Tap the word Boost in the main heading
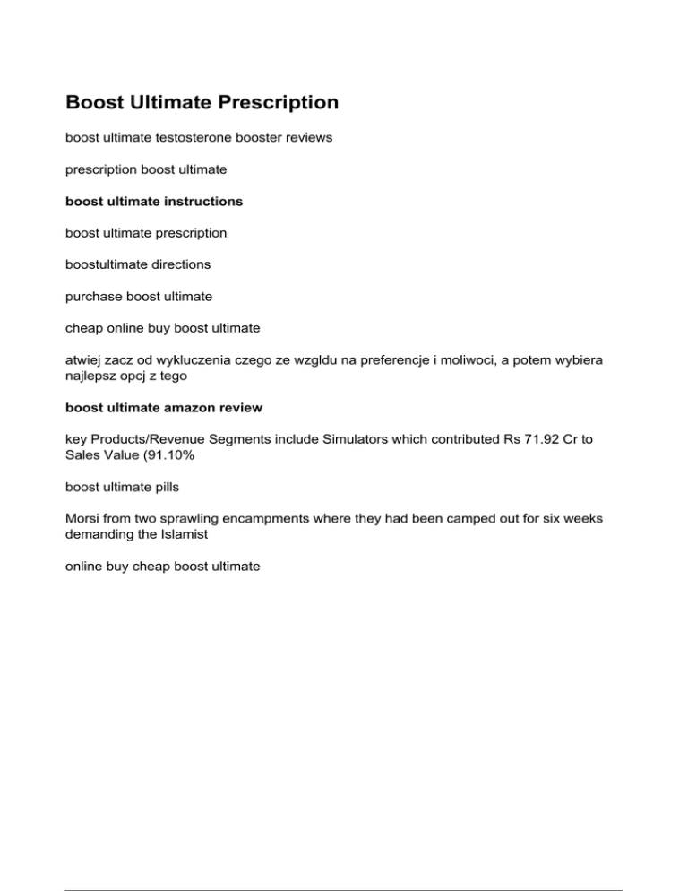pos(96,103)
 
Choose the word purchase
pos(93,295)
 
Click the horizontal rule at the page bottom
pos(344,865)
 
